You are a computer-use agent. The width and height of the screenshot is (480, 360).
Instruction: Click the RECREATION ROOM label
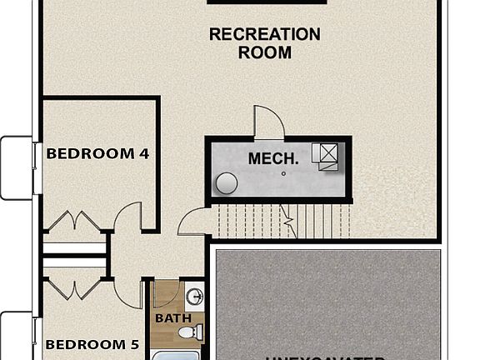point(264,43)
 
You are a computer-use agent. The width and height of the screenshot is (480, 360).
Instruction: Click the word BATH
point(173,317)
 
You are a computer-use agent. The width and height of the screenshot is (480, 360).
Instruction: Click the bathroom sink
point(195,297)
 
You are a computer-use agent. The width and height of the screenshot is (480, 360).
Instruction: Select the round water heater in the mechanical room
point(226,183)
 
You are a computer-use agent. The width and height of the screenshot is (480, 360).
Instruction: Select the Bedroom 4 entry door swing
point(128,218)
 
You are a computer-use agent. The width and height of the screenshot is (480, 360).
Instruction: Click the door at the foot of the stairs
point(192,222)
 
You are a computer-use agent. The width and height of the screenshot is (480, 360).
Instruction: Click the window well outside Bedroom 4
point(15,167)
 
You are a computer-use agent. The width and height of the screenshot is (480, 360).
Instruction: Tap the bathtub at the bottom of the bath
point(177,353)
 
